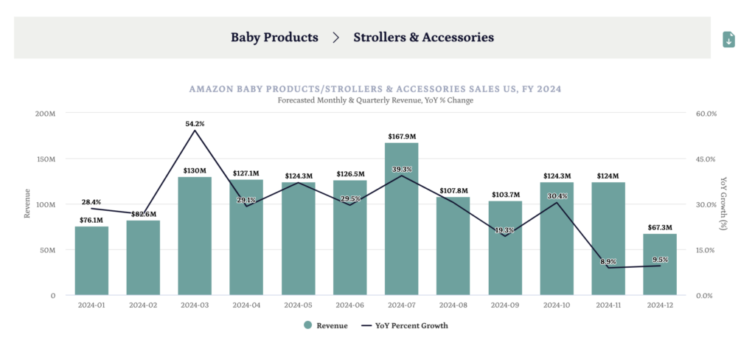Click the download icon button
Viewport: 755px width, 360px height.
pos(728,40)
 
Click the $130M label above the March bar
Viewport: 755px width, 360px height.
pos(195,170)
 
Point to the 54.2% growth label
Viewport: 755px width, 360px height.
pos(195,124)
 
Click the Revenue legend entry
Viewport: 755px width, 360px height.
pos(324,325)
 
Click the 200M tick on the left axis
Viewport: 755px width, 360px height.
pos(45,114)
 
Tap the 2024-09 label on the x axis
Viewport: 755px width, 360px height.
pos(504,304)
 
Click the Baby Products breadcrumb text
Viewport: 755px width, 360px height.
pos(274,37)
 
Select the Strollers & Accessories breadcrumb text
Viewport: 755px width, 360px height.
pos(423,37)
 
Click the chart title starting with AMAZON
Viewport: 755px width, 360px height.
pos(375,89)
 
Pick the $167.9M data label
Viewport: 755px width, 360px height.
pos(402,136)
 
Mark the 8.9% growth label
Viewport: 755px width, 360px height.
pos(608,261)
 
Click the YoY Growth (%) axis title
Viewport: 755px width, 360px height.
pos(723,204)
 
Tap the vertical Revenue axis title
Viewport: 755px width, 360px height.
pos(27,204)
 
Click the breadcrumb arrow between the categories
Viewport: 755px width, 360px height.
pos(336,37)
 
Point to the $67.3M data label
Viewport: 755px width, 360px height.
pos(660,228)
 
